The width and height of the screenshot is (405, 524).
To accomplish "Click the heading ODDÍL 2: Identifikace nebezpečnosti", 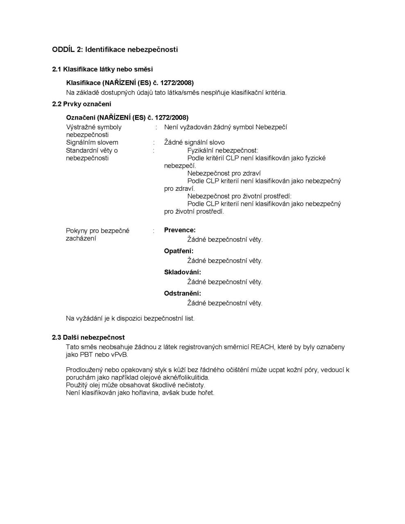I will tap(115, 50).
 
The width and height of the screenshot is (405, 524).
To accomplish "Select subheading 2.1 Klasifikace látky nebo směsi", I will tap(102, 69).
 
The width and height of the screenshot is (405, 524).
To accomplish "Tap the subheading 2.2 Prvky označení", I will tap(81, 104).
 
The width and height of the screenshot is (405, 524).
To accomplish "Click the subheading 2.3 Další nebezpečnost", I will tap(88, 337).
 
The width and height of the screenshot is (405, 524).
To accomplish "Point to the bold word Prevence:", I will tap(180, 230).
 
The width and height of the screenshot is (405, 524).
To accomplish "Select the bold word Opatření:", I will tap(179, 251).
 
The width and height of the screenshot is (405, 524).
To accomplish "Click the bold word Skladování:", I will tap(183, 272).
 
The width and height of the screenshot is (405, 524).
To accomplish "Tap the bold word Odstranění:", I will tap(183, 294).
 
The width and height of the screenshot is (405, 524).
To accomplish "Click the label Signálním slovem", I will tap(92, 142).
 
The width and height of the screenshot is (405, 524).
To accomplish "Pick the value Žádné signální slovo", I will tap(195, 142).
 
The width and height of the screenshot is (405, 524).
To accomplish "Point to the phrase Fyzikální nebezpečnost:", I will tap(223, 150).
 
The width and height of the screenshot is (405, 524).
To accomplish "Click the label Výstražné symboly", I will tap(94, 127).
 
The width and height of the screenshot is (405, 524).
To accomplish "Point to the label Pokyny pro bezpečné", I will tap(97, 231).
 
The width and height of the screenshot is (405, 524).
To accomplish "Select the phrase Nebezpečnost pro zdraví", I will tap(224, 173).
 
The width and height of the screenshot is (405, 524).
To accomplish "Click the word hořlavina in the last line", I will tap(134, 393).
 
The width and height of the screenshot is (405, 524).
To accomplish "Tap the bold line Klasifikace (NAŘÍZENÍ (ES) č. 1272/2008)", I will tap(130, 83).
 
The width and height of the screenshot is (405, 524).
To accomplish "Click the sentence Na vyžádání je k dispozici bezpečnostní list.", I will tap(130, 318).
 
